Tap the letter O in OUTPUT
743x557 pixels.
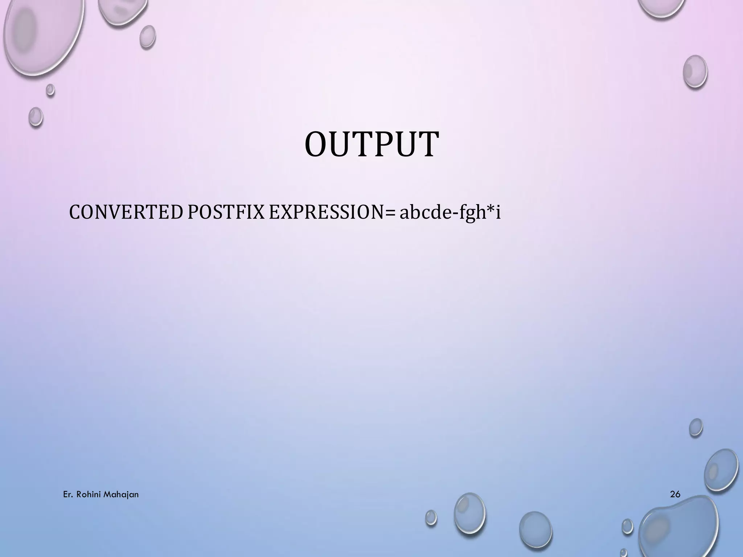pos(317,145)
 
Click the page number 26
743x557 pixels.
pos(675,494)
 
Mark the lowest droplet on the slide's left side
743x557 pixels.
pos(36,116)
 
